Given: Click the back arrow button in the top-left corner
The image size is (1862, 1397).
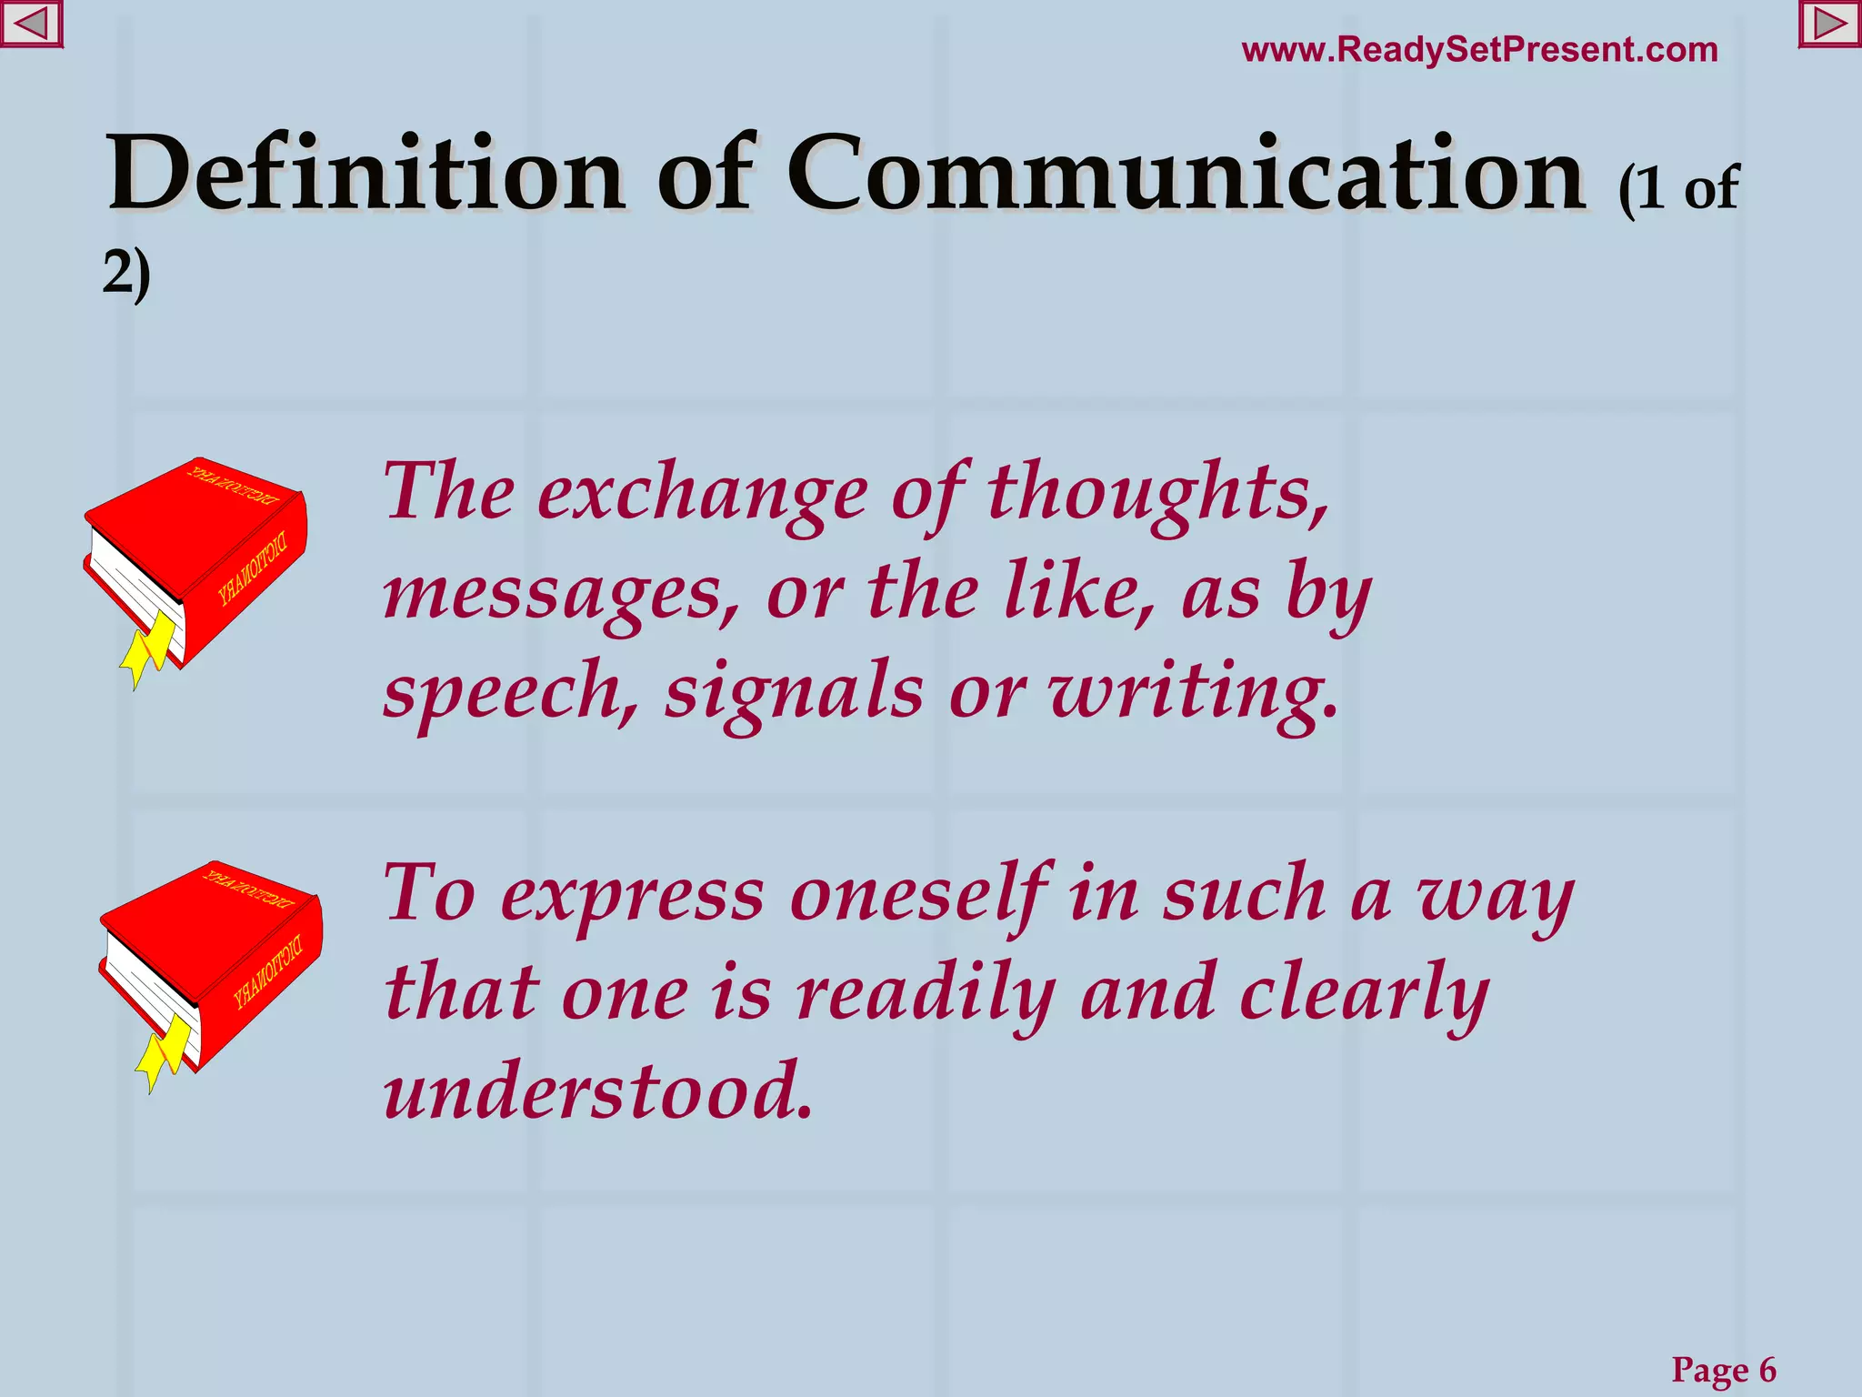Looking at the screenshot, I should [x=31, y=24].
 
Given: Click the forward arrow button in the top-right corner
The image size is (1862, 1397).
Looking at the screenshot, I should [x=1830, y=24].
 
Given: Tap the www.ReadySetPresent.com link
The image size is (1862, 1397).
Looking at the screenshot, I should [x=1479, y=50].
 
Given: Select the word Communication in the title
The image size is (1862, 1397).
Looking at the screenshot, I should [x=1186, y=174].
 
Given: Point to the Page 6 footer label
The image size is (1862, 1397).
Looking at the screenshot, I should [x=1723, y=1369].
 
